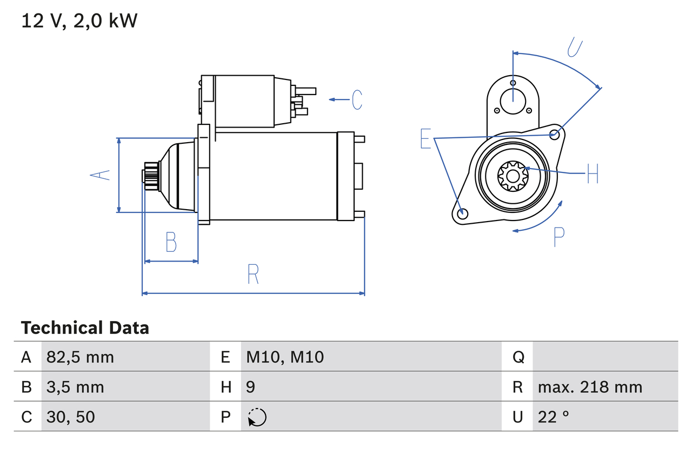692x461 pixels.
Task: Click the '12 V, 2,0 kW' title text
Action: tap(79, 21)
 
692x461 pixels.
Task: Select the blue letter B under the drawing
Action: tap(171, 242)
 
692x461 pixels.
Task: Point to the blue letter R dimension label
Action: tap(253, 274)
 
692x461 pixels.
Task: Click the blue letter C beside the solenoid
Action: tap(357, 100)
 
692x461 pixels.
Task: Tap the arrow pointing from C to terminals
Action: tap(339, 99)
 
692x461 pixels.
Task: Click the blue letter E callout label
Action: tap(426, 139)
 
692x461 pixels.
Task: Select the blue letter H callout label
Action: tap(593, 173)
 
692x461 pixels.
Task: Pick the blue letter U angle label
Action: tap(575, 48)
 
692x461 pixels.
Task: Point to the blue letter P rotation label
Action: tap(559, 237)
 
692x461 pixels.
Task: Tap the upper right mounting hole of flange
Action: tap(554, 133)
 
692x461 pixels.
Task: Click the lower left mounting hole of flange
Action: tap(462, 214)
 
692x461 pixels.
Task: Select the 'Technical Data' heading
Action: tap(85, 328)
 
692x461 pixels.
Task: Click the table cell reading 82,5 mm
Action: tap(81, 357)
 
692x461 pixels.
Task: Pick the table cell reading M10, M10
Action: tap(285, 357)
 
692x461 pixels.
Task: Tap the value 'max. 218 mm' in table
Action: tap(590, 387)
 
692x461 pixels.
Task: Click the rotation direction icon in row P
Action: tap(257, 417)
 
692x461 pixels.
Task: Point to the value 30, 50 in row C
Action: tap(71, 417)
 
